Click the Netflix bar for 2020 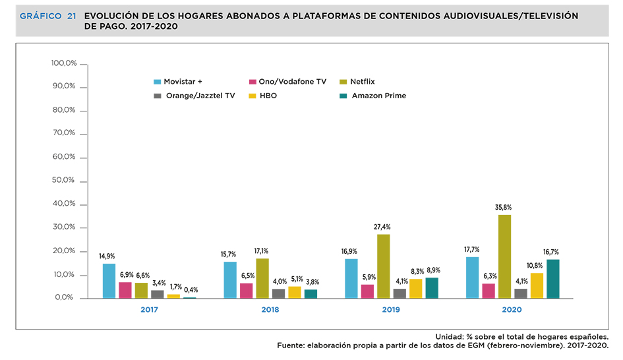[504, 256]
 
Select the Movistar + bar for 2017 [109, 281]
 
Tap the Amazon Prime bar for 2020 [552, 279]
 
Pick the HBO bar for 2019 [415, 289]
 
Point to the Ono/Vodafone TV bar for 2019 [367, 291]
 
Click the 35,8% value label [504, 207]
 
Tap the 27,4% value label [383, 227]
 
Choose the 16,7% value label [552, 252]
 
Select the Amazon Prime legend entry [378, 96]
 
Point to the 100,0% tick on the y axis [64, 63]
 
